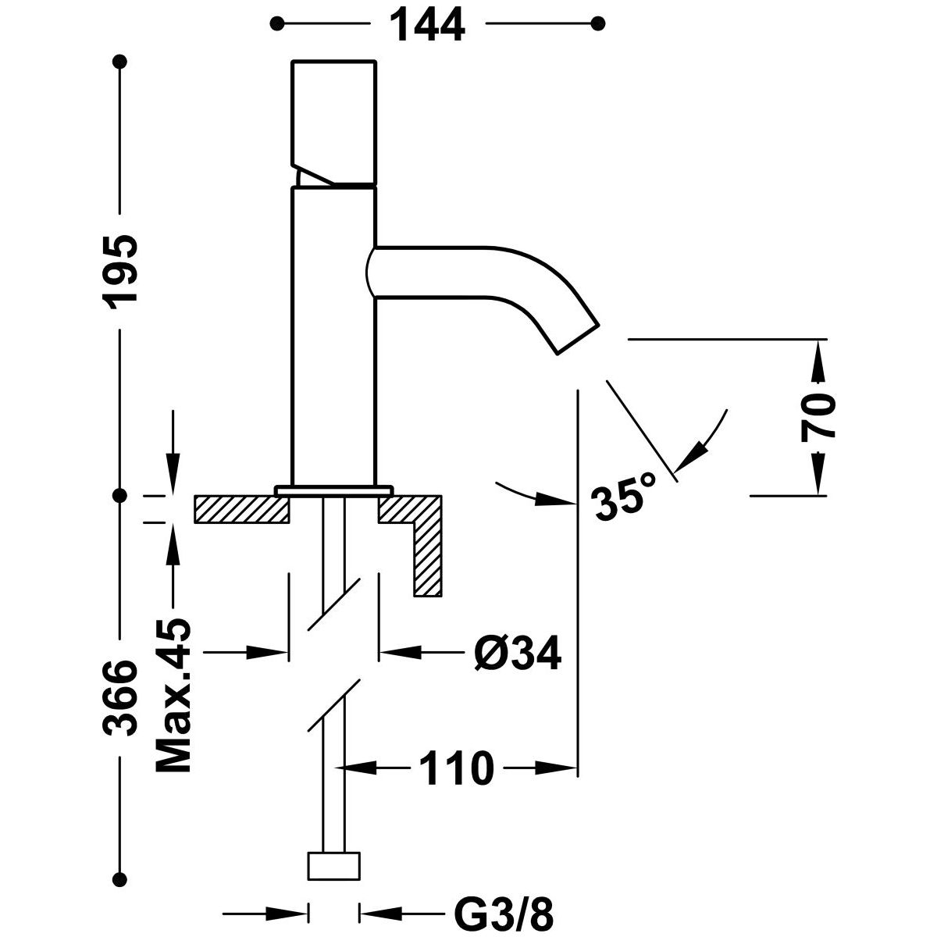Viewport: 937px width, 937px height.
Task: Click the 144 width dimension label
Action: (427, 26)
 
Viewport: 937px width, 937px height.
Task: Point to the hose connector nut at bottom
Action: (335, 865)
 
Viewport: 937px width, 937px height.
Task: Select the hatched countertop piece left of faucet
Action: (241, 509)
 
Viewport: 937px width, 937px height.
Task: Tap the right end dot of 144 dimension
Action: (599, 24)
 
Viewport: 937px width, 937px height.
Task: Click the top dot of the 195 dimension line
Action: (119, 60)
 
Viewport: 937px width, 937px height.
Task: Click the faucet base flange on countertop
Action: (333, 490)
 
